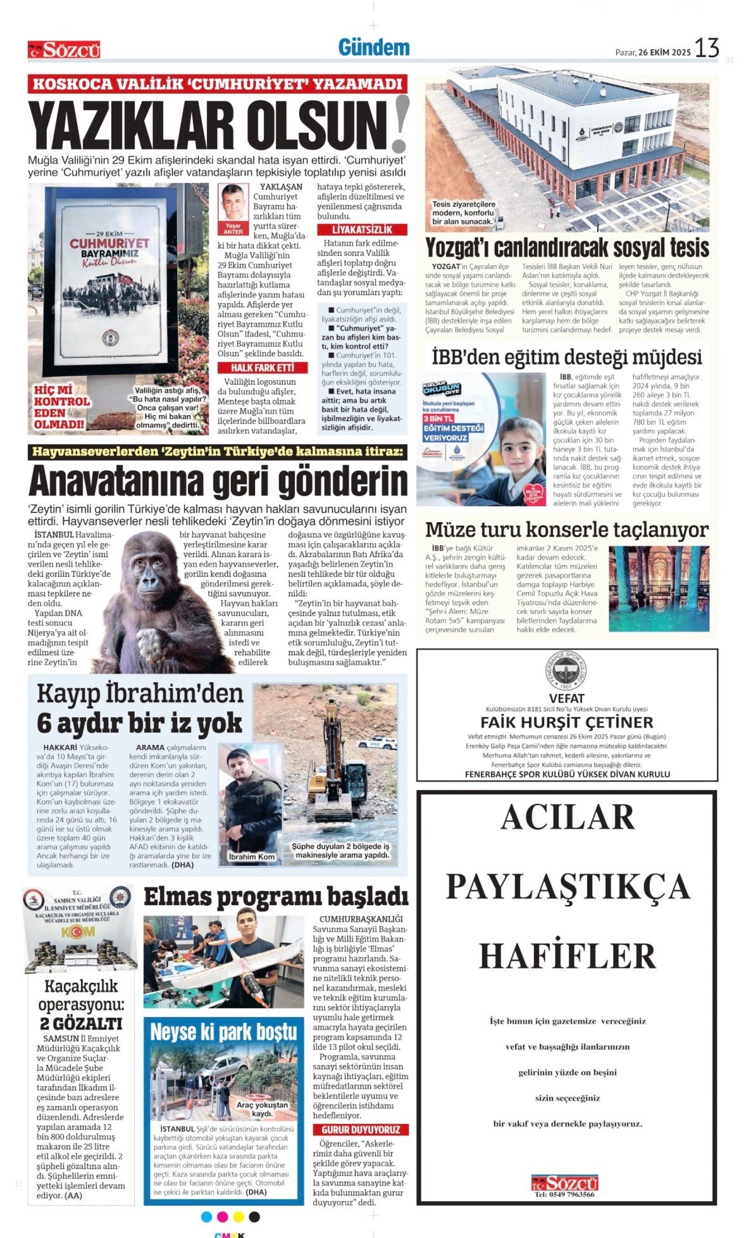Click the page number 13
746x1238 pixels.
(707, 48)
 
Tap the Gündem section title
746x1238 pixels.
(373, 47)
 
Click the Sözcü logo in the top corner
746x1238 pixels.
(64, 50)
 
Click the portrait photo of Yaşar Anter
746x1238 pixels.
(233, 203)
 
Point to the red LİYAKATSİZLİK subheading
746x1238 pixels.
(362, 230)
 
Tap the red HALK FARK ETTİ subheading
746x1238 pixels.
(262, 368)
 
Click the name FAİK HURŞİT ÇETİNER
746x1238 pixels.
(566, 722)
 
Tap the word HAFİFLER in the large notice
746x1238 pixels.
(567, 956)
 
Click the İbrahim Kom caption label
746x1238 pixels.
(251, 856)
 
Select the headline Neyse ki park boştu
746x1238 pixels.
(223, 1032)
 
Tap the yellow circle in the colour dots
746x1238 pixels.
(239, 1216)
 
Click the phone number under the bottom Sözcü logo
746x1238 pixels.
(564, 1194)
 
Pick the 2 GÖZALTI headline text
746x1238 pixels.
(80, 1023)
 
